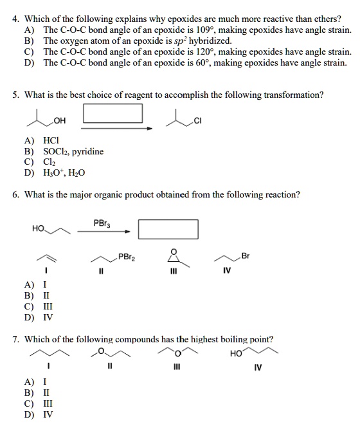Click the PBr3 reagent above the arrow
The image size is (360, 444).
click(x=101, y=223)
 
